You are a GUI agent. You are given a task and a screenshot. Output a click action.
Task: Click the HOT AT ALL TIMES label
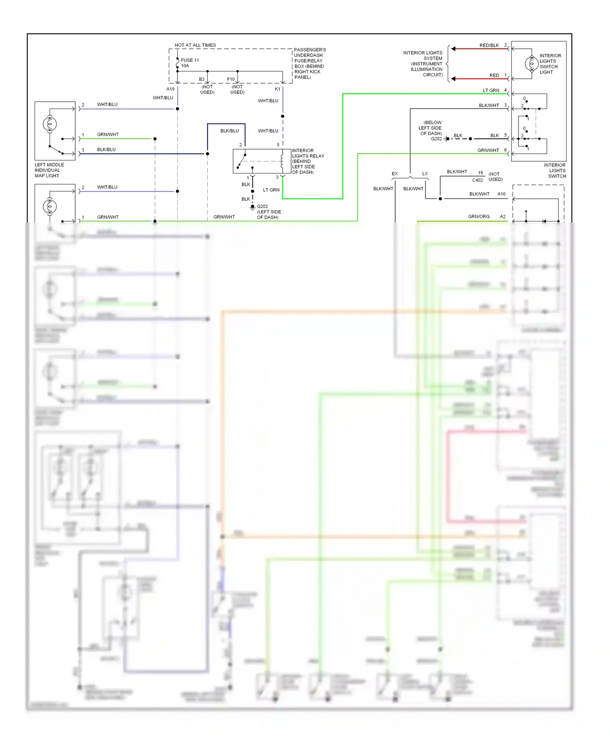pyautogui.click(x=195, y=45)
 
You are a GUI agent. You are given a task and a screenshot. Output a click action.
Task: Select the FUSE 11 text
pyautogui.click(x=190, y=60)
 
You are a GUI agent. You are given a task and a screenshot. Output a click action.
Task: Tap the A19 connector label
pyautogui.click(x=170, y=89)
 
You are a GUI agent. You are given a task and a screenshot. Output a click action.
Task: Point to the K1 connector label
pyautogui.click(x=277, y=89)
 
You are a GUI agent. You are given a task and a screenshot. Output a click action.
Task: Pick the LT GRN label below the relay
pyautogui.click(x=271, y=190)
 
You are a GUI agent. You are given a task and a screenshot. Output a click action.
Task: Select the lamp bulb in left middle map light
pyautogui.click(x=50, y=124)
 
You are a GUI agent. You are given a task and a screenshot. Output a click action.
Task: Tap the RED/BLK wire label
pyautogui.click(x=489, y=45)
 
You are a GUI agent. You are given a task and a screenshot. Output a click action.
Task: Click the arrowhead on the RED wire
pyautogui.click(x=453, y=78)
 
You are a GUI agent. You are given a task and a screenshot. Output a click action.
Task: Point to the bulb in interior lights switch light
pyautogui.click(x=532, y=64)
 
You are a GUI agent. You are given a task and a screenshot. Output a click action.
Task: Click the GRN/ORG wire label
pyautogui.click(x=479, y=217)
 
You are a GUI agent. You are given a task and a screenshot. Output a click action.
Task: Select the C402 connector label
pyautogui.click(x=477, y=180)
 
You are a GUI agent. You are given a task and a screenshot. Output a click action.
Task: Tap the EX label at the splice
pyautogui.click(x=394, y=174)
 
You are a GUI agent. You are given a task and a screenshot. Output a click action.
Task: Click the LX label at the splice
pyautogui.click(x=425, y=174)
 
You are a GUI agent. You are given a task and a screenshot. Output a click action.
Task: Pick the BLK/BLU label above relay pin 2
pyautogui.click(x=229, y=131)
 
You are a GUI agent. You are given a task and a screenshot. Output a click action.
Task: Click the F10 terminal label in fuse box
pyautogui.click(x=231, y=79)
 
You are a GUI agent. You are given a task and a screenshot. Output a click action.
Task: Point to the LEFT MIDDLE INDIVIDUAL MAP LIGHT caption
pyautogui.click(x=49, y=170)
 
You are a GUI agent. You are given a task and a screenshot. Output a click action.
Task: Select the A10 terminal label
pyautogui.click(x=501, y=194)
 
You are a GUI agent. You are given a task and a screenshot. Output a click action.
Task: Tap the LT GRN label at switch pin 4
pyautogui.click(x=491, y=90)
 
